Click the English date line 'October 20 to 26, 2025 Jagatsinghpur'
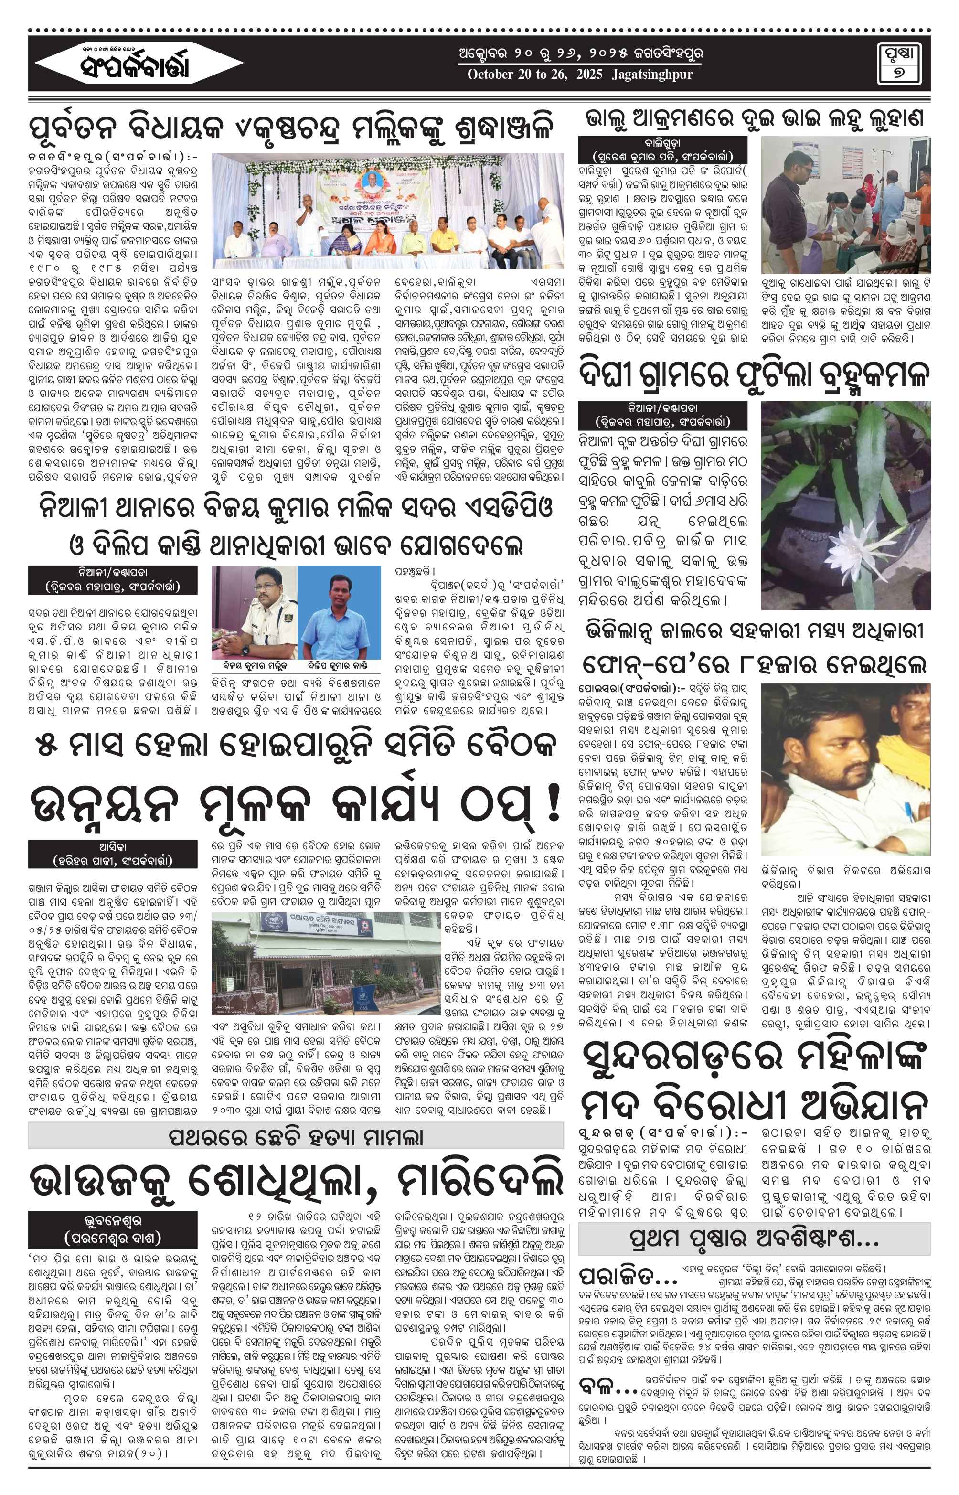(580, 75)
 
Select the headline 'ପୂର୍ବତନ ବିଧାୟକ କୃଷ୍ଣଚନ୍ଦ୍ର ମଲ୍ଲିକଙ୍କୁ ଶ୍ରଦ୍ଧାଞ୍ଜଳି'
(291, 129)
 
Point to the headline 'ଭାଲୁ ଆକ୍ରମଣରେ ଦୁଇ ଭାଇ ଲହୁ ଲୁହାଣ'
(754, 118)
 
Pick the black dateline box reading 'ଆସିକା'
(113, 854)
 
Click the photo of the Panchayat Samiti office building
(325, 963)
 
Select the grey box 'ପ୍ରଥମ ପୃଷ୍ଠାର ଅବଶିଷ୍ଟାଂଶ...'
(754, 1239)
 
